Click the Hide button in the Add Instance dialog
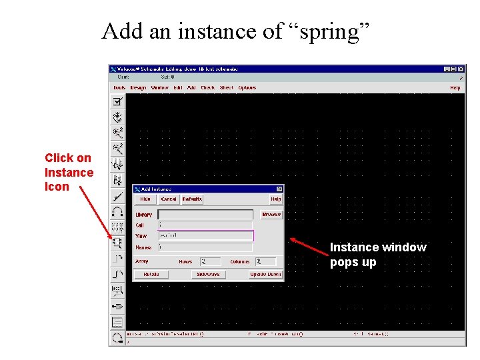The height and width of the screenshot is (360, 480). (x=145, y=199)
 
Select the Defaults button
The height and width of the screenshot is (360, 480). (x=192, y=199)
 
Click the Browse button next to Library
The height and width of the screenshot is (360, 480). (x=271, y=215)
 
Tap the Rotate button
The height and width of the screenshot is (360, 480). (x=151, y=274)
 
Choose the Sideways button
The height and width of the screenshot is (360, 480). (x=208, y=274)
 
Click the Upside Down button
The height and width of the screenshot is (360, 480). (x=265, y=274)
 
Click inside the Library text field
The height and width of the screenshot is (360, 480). (x=205, y=215)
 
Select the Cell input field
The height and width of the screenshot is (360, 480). (x=205, y=225)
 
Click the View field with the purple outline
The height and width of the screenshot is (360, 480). (x=205, y=236)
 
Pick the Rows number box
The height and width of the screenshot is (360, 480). (x=211, y=262)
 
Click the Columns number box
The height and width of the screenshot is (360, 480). (x=265, y=262)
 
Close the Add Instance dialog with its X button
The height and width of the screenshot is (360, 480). (x=279, y=189)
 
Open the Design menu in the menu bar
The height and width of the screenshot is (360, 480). (x=138, y=87)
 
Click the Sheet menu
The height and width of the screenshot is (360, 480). (x=226, y=87)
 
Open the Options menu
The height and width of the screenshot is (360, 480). (x=247, y=87)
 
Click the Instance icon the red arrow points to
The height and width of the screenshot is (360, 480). (x=117, y=243)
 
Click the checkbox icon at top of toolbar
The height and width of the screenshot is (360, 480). (x=117, y=101)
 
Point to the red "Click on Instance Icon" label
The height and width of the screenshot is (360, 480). (x=69, y=172)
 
